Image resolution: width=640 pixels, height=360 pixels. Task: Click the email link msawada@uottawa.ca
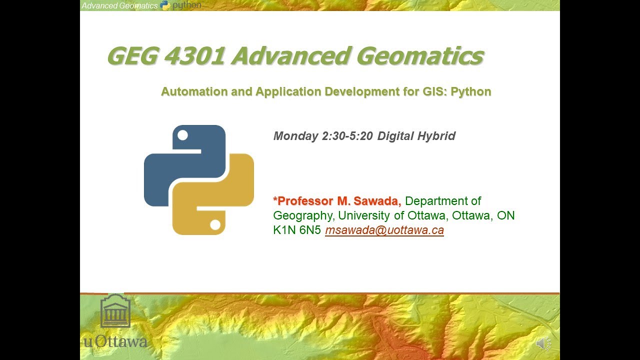384,230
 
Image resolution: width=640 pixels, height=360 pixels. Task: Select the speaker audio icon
543,343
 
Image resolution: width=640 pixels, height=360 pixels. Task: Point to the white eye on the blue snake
182,135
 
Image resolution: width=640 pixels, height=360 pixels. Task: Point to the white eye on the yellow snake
215,225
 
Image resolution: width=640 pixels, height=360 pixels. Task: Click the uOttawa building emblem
115,311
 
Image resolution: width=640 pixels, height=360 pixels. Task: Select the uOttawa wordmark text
115,342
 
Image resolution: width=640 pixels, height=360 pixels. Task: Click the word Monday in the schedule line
296,136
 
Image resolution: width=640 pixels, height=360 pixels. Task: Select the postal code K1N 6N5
297,230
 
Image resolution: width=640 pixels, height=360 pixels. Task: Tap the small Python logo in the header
165,5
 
